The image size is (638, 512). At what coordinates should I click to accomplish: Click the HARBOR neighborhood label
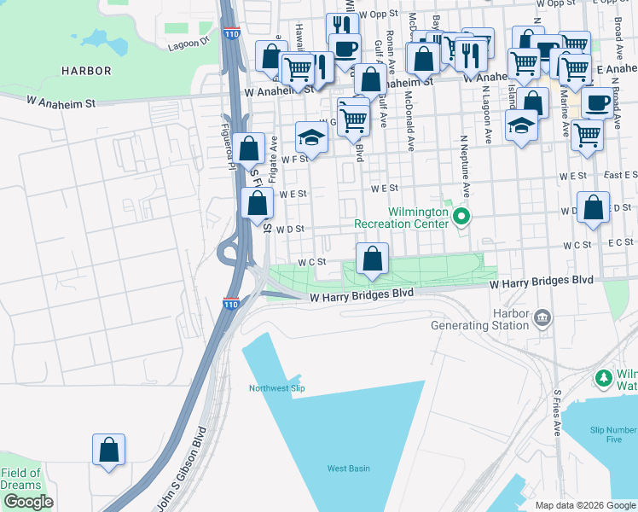pos(85,70)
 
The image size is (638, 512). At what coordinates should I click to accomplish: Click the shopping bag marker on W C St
pos(372,259)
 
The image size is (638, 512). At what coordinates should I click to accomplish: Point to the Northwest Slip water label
pos(276,388)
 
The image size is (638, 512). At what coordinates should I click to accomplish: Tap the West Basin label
pos(349,468)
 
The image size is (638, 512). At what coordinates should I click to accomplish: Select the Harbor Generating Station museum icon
pos(542,318)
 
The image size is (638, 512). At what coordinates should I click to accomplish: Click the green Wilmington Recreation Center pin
pos(461,217)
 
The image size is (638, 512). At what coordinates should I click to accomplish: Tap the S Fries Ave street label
pos(558,414)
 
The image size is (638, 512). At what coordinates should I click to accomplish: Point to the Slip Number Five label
pos(612,434)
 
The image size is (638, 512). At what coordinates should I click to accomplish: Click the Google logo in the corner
pos(28,502)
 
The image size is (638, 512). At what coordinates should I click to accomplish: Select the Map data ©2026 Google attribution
pos(584,505)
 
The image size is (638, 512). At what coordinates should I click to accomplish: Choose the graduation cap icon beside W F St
pos(311,137)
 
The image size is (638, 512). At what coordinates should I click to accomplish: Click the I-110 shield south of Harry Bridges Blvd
pos(230,303)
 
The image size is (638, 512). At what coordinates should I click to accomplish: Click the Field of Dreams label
pos(20,479)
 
